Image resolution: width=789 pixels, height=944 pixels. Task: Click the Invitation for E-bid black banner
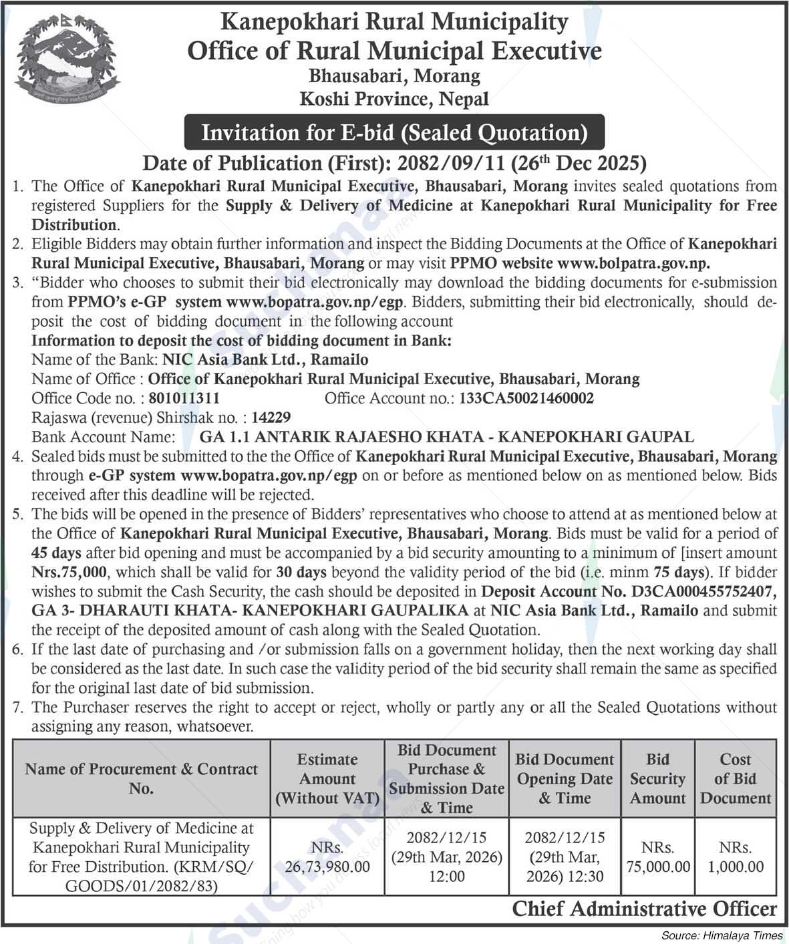click(394, 132)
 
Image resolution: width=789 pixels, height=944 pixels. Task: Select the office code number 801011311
click(184, 398)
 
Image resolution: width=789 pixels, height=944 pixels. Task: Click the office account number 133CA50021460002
click(526, 398)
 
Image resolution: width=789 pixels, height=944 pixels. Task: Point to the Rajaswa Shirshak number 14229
click(272, 418)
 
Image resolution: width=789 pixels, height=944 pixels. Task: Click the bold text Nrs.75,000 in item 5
click(69, 573)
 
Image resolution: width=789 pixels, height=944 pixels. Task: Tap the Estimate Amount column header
click(327, 778)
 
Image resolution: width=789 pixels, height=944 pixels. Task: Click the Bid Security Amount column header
click(657, 778)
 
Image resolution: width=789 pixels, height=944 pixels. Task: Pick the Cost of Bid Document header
click(735, 778)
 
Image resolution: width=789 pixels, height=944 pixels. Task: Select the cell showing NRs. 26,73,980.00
click(327, 857)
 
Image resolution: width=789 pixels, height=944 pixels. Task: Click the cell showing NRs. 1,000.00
click(735, 857)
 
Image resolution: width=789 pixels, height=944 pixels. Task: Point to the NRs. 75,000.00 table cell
click(657, 857)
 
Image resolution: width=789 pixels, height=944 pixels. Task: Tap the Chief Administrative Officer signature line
click(644, 909)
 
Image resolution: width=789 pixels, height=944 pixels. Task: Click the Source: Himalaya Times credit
click(722, 935)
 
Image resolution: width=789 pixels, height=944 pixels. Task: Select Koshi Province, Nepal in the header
click(394, 99)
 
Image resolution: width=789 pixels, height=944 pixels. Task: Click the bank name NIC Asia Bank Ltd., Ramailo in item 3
click(265, 359)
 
